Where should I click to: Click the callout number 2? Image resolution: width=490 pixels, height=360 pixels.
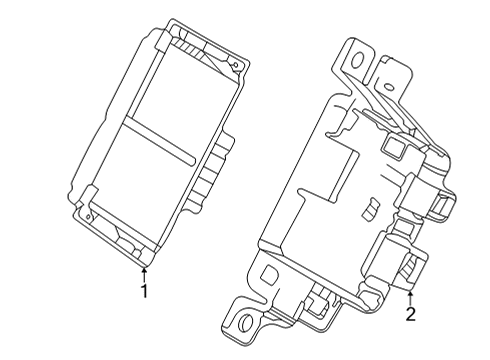[x=410, y=315]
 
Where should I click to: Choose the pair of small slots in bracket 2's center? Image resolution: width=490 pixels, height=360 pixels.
[x=369, y=209]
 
